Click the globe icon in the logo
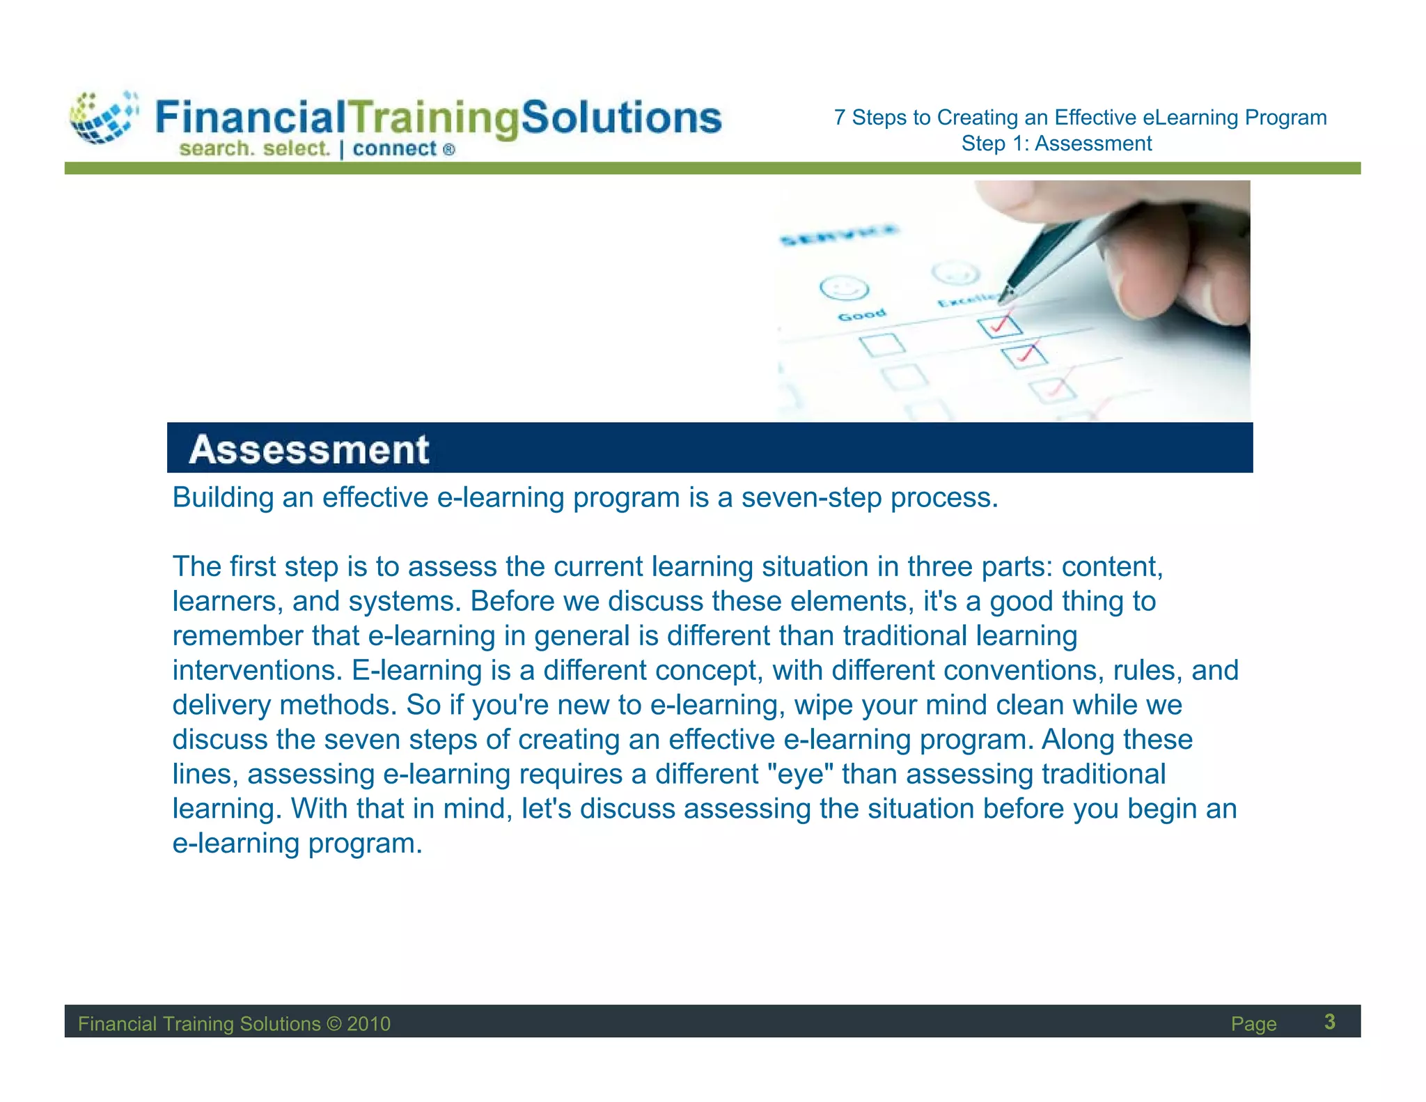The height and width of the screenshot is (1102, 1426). pyautogui.click(x=103, y=118)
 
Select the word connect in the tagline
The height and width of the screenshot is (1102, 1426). pyautogui.click(x=394, y=149)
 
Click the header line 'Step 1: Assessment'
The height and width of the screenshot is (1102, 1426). pyautogui.click(x=1056, y=143)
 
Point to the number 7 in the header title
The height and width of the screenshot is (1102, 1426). pyautogui.click(x=840, y=118)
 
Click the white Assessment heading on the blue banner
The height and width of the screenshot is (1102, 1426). pyautogui.click(x=308, y=449)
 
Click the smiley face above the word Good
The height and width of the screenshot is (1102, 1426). pyautogui.click(x=844, y=288)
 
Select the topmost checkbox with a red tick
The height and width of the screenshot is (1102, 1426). pyautogui.click(x=999, y=325)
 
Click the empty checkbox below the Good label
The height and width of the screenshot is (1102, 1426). pyautogui.click(x=882, y=344)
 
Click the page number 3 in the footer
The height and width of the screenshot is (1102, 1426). pyautogui.click(x=1329, y=1022)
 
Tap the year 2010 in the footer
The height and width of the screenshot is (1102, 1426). pyautogui.click(x=368, y=1024)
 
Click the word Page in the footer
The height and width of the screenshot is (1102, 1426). pyautogui.click(x=1253, y=1024)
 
